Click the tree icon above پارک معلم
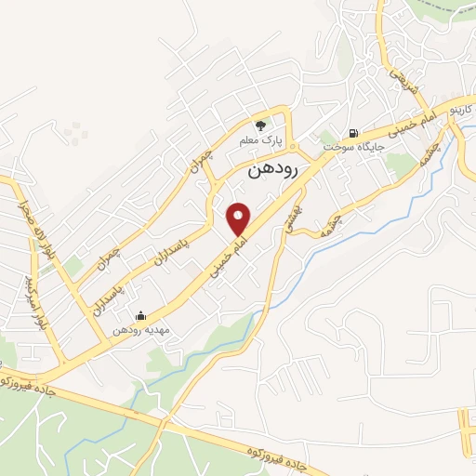pyautogui.click(x=261, y=125)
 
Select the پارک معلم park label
pyautogui.click(x=260, y=140)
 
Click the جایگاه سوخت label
pyautogui.click(x=347, y=147)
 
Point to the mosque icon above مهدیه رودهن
pyautogui.click(x=140, y=315)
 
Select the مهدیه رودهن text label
pyautogui.click(x=139, y=330)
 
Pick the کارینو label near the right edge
pyautogui.click(x=461, y=110)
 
